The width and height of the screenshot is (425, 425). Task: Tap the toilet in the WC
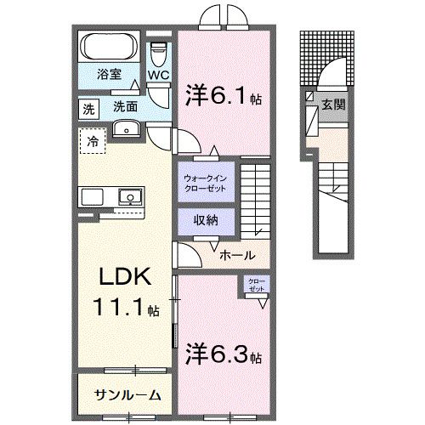[x=156, y=53]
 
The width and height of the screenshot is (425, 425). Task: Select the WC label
[x=159, y=76]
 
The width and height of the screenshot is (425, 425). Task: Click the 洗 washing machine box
[x=88, y=108]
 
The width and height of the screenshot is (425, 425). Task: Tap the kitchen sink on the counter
[x=130, y=196]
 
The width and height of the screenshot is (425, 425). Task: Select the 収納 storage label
[x=204, y=220]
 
